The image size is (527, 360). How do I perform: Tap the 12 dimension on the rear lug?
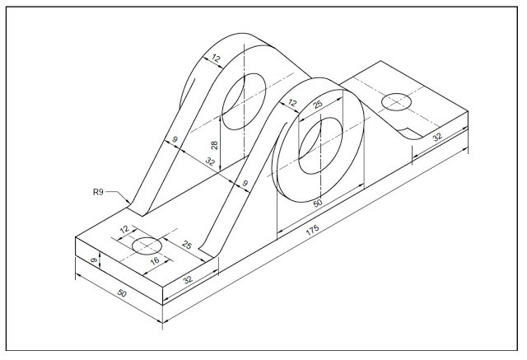click(217, 59)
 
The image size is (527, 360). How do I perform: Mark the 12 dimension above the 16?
click(126, 230)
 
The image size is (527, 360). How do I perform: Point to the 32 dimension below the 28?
click(212, 162)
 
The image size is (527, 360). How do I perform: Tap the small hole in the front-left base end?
click(148, 245)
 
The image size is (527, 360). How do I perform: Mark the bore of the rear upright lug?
click(244, 100)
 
